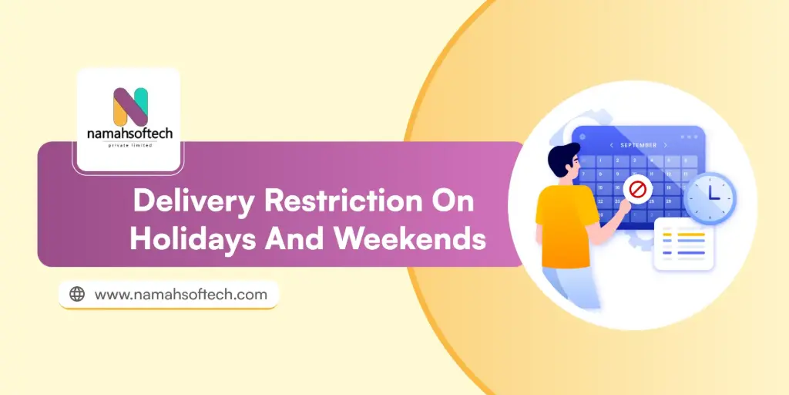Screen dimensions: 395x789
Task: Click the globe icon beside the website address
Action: tap(77, 294)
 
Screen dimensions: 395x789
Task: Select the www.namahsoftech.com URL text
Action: tap(180, 294)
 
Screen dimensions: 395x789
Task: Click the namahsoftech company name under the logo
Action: tap(130, 133)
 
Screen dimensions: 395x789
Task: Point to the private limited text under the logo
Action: tap(130, 145)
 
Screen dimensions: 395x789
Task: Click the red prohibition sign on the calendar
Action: tap(637, 187)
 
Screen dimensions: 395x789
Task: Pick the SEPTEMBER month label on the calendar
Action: tap(637, 145)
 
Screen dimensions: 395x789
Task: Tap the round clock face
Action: tap(710, 198)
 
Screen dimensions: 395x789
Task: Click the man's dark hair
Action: tap(561, 157)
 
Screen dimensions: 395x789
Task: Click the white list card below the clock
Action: tap(683, 244)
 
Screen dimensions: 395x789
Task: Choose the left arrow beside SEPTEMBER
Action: tap(611, 145)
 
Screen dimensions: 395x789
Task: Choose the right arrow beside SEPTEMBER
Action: tap(665, 145)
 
